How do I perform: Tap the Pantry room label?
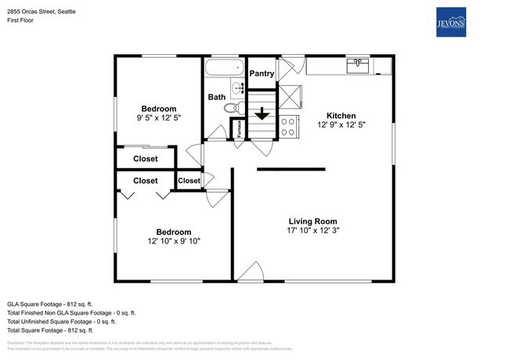[x=261, y=74]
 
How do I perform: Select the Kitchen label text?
[x=341, y=114]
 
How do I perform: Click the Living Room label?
[x=312, y=221]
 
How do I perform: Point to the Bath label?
[x=216, y=97]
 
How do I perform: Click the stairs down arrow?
[x=262, y=114]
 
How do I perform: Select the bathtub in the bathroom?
[x=223, y=67]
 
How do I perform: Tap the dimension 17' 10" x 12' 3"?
[x=312, y=231]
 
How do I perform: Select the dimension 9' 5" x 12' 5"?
[x=158, y=118]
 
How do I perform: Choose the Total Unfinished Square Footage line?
[x=61, y=321]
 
